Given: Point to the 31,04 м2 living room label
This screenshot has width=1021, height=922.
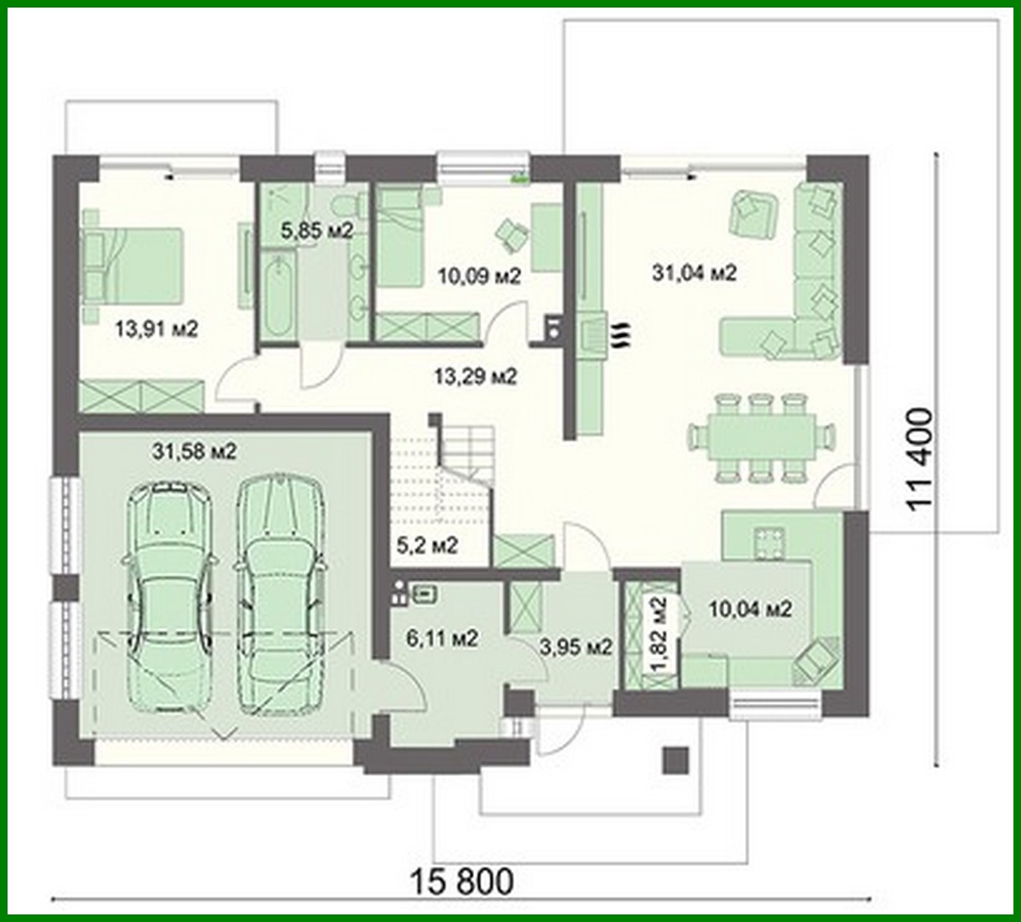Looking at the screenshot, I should [x=695, y=272].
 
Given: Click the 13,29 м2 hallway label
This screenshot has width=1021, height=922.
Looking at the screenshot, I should [x=474, y=377].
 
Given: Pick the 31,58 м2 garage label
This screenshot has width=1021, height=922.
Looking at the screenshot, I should [x=195, y=451].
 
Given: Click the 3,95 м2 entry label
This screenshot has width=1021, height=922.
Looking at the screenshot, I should [x=575, y=647].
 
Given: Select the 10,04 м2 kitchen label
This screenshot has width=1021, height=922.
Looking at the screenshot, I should [x=751, y=610].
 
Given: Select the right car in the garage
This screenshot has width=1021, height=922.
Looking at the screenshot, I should [x=279, y=592].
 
